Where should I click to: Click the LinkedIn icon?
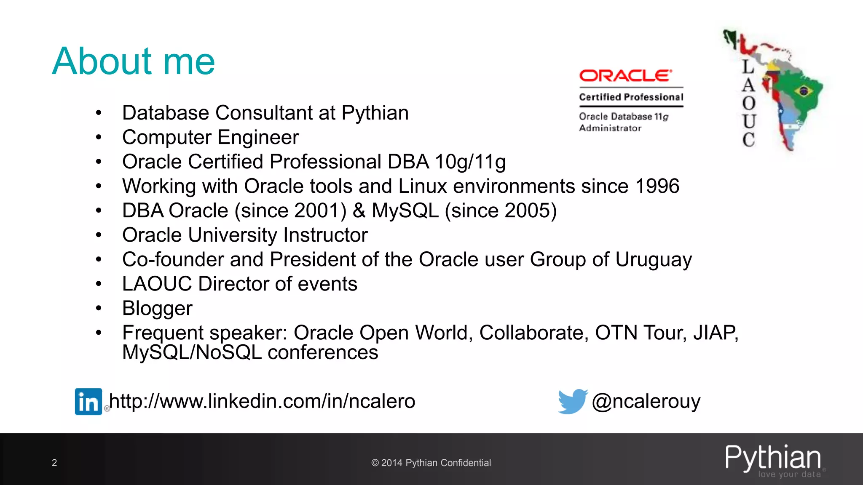point(88,402)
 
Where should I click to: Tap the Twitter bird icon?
point(572,401)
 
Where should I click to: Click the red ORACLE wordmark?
point(625,76)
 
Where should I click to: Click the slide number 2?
point(54,463)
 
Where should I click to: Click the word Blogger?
point(157,308)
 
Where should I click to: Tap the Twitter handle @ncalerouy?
point(646,401)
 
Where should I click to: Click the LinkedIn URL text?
point(262,401)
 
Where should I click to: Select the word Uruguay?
point(653,260)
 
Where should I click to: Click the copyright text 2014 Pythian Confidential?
point(431,463)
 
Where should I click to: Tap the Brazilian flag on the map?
point(804,91)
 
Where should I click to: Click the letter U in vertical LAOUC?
point(749,121)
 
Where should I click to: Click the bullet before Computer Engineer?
point(99,137)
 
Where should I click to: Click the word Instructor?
point(325,235)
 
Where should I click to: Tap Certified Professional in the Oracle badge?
point(631,97)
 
